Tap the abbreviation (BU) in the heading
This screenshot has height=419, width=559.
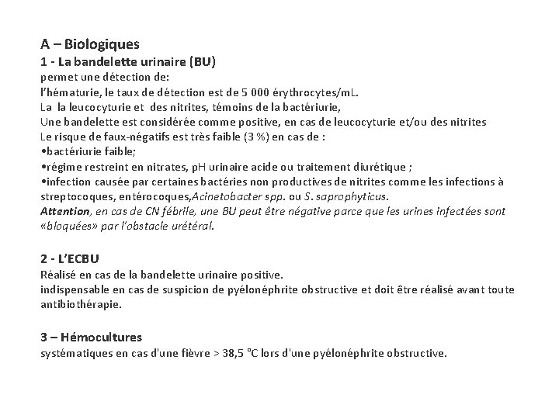[200, 61]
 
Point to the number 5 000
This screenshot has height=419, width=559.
[274, 92]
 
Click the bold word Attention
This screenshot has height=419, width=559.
[66, 211]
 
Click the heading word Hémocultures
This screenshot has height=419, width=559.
[100, 337]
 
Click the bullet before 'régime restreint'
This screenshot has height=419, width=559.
[43, 166]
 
